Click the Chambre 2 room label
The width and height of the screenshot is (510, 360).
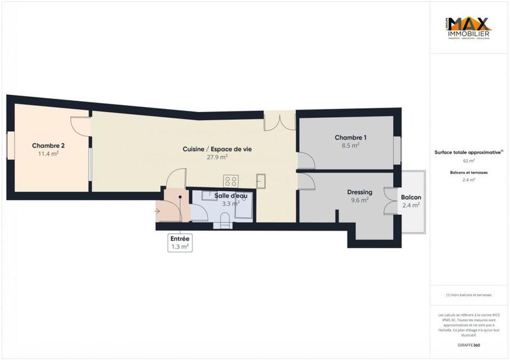[x=48, y=145]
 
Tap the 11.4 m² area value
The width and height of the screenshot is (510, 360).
[x=48, y=154]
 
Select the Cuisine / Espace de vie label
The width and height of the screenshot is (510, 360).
[x=217, y=148]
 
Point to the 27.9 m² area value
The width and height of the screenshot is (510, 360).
[x=217, y=157]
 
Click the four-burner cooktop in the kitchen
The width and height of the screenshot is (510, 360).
[x=231, y=180]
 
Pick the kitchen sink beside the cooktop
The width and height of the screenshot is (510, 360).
[x=261, y=180]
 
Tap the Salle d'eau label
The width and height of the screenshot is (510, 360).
[x=231, y=196]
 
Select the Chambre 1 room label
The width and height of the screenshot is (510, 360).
[x=351, y=138]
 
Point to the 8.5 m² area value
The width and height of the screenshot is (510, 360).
[x=351, y=145]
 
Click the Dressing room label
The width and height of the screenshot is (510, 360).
[x=360, y=192]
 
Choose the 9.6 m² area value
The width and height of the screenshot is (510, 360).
[x=360, y=201]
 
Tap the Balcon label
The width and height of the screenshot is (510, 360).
[x=411, y=197]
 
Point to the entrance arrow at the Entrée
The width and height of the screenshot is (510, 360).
[x=157, y=210]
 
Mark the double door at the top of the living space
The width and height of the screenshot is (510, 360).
[x=280, y=119]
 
